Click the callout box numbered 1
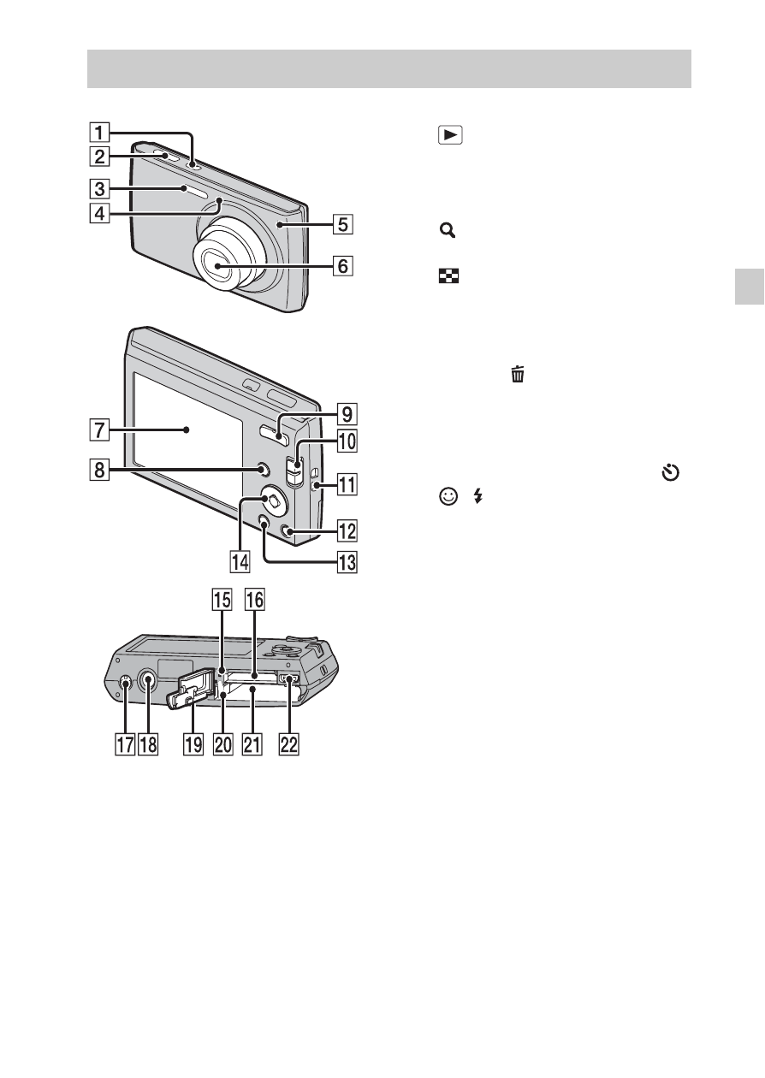[x=99, y=132]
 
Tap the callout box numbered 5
[x=343, y=224]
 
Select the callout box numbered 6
[x=343, y=265]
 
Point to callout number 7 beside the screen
[x=99, y=429]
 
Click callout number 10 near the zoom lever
[x=347, y=441]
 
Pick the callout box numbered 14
[x=240, y=561]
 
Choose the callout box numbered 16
[x=255, y=600]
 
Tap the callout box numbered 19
[x=193, y=744]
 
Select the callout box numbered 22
[x=289, y=744]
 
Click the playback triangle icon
[x=450, y=135]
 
